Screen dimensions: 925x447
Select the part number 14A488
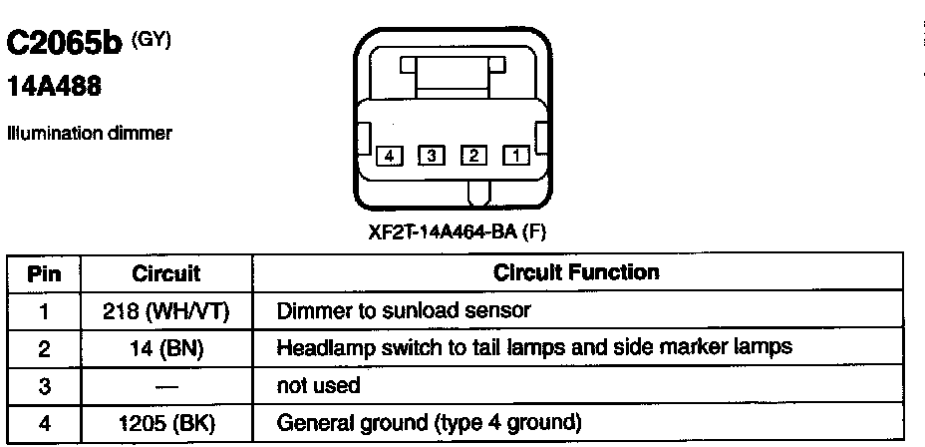(x=54, y=89)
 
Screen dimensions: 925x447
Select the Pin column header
(x=43, y=272)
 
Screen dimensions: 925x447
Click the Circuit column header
(x=166, y=272)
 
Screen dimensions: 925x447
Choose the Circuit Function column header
(x=577, y=272)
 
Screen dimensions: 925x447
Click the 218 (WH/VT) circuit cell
(x=166, y=310)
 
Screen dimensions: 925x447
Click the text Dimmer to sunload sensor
(x=403, y=310)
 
